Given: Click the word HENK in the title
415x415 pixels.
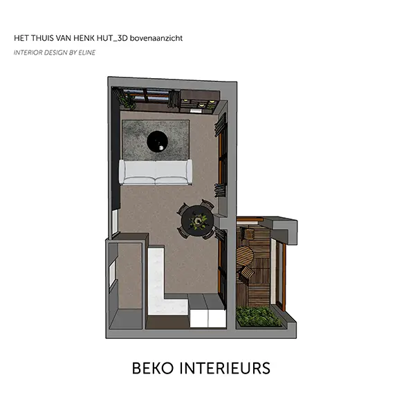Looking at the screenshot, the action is coord(84,38).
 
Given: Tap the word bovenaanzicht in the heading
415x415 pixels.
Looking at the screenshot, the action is coord(156,38).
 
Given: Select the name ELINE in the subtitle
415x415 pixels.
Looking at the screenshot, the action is coord(87,53).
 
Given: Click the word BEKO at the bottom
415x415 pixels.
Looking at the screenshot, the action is coord(153,368).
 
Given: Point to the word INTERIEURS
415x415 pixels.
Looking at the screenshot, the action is coord(225,368).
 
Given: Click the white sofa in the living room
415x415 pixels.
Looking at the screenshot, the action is coord(156,172).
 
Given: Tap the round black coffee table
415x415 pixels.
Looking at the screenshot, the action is coord(158,141).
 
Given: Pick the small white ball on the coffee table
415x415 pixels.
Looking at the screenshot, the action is coord(161,148).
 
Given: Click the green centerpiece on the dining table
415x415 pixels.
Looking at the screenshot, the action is coord(197,221).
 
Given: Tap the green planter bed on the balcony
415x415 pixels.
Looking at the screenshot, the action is coord(258,317).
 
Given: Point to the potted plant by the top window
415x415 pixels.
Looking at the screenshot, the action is coord(127,99).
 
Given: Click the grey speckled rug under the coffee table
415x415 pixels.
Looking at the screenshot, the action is coord(156,140).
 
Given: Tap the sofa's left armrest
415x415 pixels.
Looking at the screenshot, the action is coord(122,172).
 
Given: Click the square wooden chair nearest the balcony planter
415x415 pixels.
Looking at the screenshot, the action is coord(246,273).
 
